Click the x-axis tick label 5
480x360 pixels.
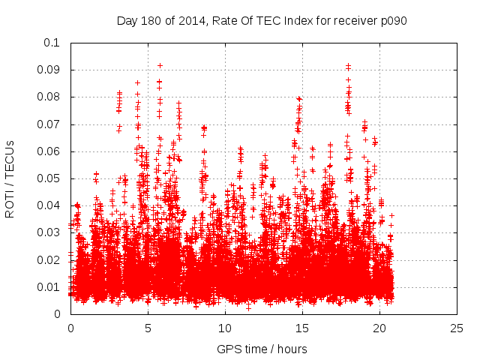148,328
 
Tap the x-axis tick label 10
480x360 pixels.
225,328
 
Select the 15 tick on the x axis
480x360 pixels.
302,328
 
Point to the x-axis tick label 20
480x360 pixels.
379,328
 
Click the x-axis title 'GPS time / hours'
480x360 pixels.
262,349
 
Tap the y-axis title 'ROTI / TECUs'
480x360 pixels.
10,178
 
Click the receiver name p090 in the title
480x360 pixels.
392,20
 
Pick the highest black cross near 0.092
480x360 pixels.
160,65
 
